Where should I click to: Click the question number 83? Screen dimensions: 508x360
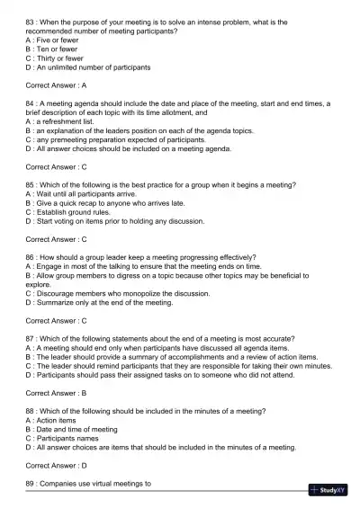[x=31, y=22]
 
